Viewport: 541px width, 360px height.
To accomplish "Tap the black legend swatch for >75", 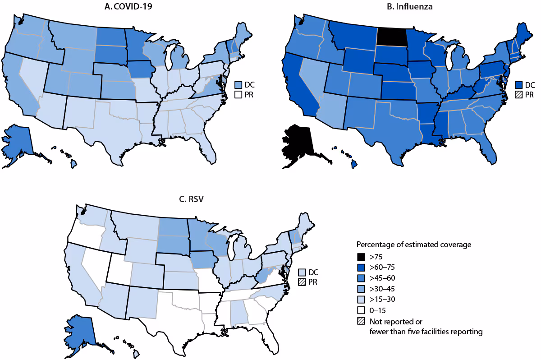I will [x=361, y=258].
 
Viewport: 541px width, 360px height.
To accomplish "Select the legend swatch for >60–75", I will [x=361, y=268].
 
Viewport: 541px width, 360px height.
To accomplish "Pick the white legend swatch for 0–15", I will [x=361, y=310].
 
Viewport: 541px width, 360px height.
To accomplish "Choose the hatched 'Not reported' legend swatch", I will [x=361, y=321].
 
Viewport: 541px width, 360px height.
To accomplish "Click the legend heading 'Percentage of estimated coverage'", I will [x=414, y=245].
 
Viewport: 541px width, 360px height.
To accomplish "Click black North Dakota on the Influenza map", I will [x=391, y=36].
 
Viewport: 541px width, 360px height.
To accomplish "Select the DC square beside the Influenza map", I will [x=520, y=84].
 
